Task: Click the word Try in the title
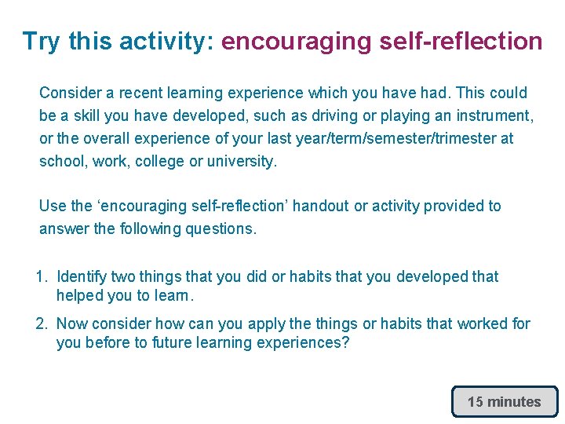[x=42, y=41]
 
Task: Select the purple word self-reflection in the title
[x=461, y=41]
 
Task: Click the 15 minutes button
[x=504, y=401]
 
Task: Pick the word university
[x=242, y=161]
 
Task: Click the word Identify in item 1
[x=82, y=276]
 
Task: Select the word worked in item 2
[x=477, y=323]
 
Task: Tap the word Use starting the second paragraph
[x=53, y=206]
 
